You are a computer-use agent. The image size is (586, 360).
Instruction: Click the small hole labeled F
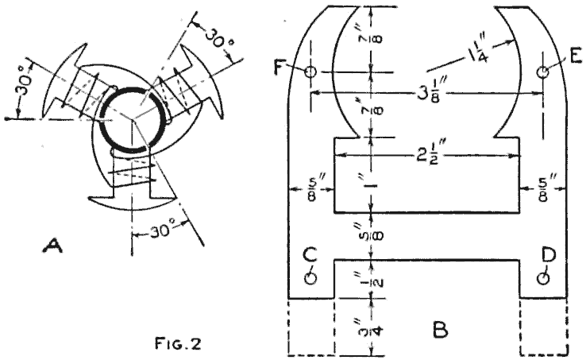point(310,72)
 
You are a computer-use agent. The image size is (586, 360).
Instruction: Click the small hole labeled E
point(542,72)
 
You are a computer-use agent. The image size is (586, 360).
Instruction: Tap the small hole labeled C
point(311,277)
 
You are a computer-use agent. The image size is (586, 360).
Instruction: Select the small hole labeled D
point(543,277)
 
